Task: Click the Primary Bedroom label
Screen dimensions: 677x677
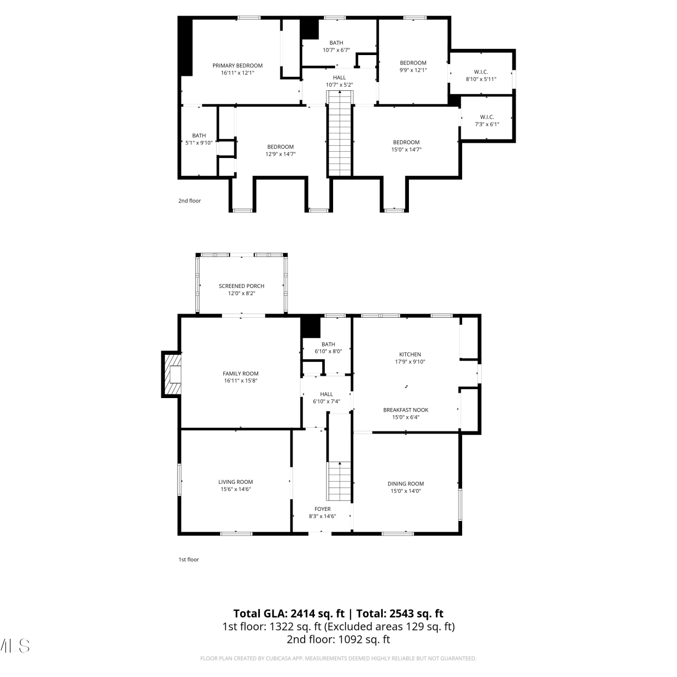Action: [x=237, y=65]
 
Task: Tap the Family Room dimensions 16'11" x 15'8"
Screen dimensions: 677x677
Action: [x=241, y=380]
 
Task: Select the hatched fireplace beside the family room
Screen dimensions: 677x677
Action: [x=172, y=375]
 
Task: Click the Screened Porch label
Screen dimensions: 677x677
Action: [x=241, y=286]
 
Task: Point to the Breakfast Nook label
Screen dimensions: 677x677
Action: [x=406, y=410]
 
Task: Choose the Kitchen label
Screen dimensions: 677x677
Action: [x=410, y=354]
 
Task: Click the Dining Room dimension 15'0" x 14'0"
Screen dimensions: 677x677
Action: [x=406, y=491]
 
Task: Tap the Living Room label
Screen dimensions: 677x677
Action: [x=236, y=482]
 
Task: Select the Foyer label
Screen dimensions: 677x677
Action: [x=323, y=509]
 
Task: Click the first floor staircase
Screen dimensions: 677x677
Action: [x=339, y=481]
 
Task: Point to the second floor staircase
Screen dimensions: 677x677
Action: [x=340, y=133]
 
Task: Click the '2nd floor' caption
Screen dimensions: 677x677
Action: [x=190, y=201]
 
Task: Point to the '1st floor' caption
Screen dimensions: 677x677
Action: [x=189, y=560]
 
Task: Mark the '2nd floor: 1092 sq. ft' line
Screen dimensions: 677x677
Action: [x=338, y=639]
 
